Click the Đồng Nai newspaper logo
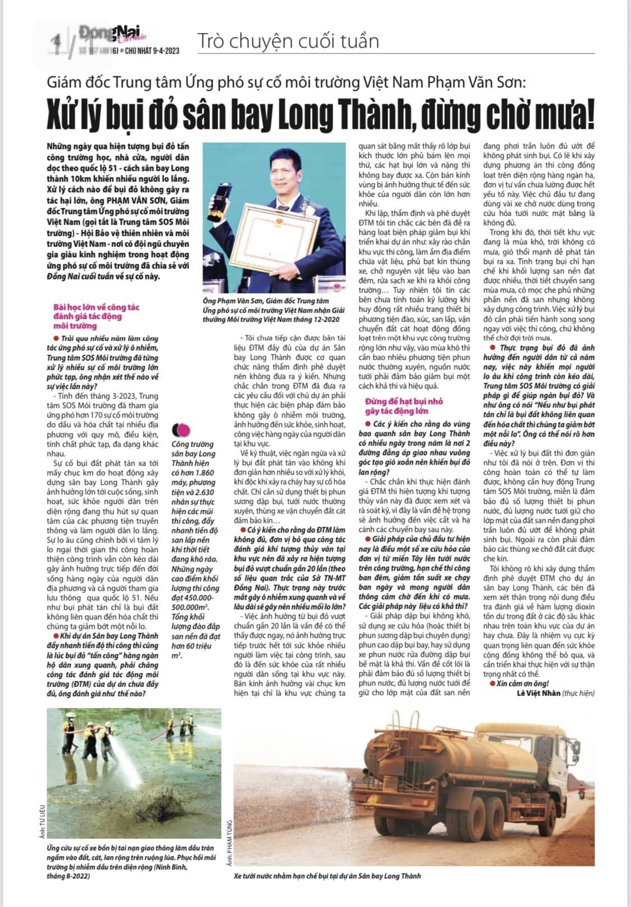coord(112,34)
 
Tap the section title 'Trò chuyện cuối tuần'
coord(288,41)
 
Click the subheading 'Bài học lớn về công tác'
coord(96,307)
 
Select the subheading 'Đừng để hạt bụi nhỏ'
coord(404,401)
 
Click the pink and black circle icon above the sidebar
coord(182,431)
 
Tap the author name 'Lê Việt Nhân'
coord(538,693)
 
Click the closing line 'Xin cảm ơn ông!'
coord(522,683)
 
